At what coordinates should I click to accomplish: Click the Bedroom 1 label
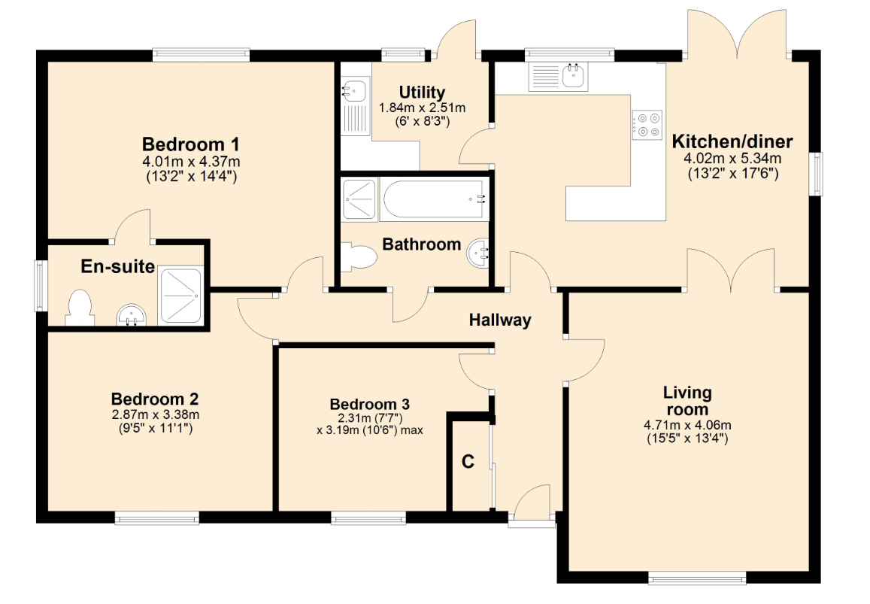click(x=191, y=144)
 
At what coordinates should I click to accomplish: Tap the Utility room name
click(x=423, y=93)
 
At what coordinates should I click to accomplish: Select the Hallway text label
click(x=500, y=320)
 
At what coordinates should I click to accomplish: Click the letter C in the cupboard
click(x=468, y=461)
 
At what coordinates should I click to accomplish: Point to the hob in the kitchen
click(x=647, y=125)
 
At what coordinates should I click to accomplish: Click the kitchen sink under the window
click(x=574, y=76)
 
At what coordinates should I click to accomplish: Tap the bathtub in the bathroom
click(x=434, y=199)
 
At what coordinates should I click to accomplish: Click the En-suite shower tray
click(x=180, y=296)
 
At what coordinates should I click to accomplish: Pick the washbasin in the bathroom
click(x=477, y=253)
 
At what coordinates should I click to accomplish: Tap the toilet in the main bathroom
click(x=359, y=256)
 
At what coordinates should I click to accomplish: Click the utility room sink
click(x=353, y=90)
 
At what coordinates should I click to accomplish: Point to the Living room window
click(x=698, y=578)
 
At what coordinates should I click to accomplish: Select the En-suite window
click(x=41, y=285)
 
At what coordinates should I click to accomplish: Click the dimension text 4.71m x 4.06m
click(x=687, y=426)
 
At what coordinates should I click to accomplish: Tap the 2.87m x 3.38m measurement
click(x=156, y=414)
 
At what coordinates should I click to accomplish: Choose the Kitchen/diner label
click(x=732, y=141)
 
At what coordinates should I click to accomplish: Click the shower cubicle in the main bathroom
click(x=359, y=199)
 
